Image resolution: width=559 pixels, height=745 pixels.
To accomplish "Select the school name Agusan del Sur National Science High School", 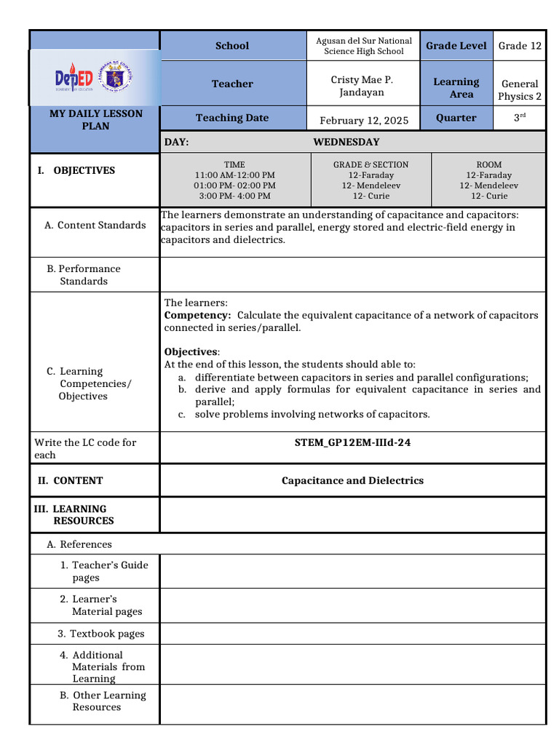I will click(x=363, y=46).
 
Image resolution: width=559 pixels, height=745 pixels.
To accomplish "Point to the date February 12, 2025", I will click(x=364, y=120).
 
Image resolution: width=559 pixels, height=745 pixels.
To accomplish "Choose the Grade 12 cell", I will click(x=520, y=46).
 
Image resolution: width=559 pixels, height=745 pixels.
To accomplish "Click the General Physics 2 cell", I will click(x=520, y=90).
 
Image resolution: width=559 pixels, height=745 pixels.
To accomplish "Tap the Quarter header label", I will click(x=456, y=118).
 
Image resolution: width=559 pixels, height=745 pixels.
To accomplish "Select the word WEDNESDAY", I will click(x=346, y=142).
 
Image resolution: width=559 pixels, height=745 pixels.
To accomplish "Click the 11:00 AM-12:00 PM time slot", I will click(x=234, y=175).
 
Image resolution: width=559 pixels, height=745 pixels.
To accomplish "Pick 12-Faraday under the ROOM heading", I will click(x=488, y=175).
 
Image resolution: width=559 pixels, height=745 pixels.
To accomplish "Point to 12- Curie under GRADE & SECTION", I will click(x=370, y=196).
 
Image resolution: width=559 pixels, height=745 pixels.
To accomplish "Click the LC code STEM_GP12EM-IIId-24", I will click(x=352, y=442).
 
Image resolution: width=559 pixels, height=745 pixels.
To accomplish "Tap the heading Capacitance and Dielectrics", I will click(x=352, y=480).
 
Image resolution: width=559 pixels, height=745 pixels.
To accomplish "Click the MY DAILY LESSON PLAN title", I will click(x=95, y=119).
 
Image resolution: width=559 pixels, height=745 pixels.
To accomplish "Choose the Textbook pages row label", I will click(x=101, y=634).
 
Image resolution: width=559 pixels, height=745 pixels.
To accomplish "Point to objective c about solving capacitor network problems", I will click(x=312, y=414).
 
